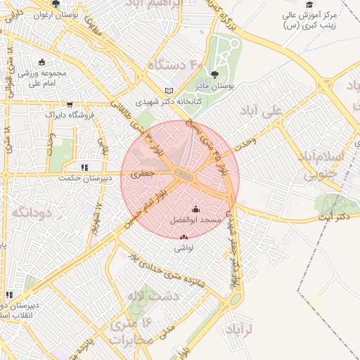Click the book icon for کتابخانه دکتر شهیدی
[167, 91]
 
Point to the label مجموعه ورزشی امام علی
[41, 77]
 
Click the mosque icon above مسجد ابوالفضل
[195, 209]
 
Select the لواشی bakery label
[183, 247]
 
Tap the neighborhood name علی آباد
[281, 111]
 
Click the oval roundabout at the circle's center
[185, 174]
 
